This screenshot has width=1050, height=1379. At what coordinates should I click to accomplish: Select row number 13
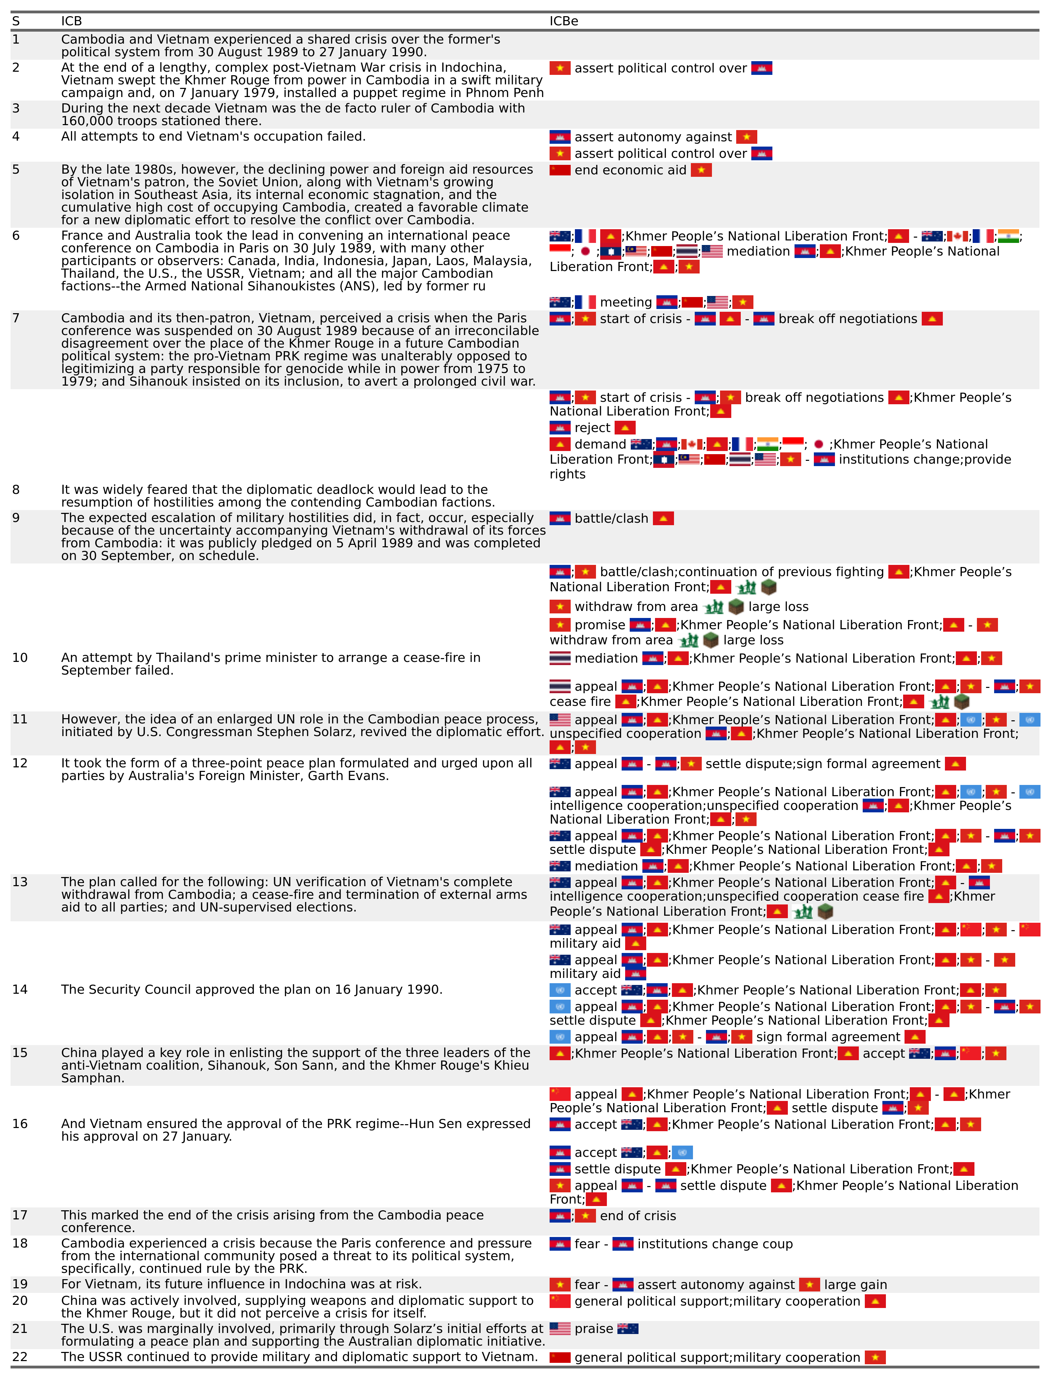pos(20,882)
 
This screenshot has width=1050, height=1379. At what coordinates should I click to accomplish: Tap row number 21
pos(20,1329)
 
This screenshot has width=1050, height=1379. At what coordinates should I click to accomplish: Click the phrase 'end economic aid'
pos(630,170)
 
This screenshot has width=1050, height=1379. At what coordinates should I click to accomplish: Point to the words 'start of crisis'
pos(641,320)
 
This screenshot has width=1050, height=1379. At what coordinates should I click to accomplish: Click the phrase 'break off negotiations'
pos(848,320)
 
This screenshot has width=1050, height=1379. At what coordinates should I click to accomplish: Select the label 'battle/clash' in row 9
pos(611,519)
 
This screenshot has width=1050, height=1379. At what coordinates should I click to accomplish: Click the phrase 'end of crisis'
pos(637,1216)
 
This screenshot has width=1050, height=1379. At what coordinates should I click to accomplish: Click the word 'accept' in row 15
pos(883,1054)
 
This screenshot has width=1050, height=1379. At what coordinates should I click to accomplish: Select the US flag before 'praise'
pos(560,1329)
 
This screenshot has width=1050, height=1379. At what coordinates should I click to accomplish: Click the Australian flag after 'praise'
pos(628,1329)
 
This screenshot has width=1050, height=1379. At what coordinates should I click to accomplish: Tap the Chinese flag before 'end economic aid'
pos(560,170)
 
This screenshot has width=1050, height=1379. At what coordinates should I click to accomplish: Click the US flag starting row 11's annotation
pos(560,720)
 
